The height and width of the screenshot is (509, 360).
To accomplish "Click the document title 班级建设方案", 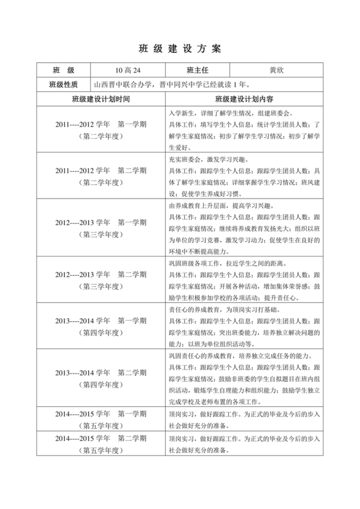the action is [179, 49].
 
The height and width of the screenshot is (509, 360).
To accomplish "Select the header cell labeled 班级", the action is [63, 69].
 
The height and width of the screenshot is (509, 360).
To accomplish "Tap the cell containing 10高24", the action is [127, 69].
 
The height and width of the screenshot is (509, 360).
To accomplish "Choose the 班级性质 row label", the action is [63, 84].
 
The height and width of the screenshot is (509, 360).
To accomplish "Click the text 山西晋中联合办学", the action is [131, 84].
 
